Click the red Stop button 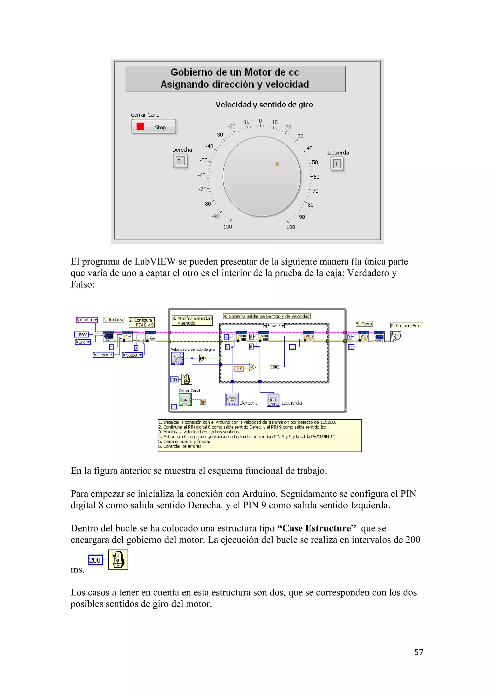pyautogui.click(x=154, y=127)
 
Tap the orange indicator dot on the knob pyautogui.click(x=277, y=164)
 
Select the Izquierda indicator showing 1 pyautogui.click(x=337, y=164)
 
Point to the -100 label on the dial pyautogui.click(x=227, y=227)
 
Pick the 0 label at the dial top pyautogui.click(x=260, y=121)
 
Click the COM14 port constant pyautogui.click(x=87, y=320)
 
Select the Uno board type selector pyautogui.click(x=82, y=342)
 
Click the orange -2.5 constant pyautogui.click(x=239, y=369)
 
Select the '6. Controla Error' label pyautogui.click(x=406, y=326)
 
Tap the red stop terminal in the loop pyautogui.click(x=203, y=402)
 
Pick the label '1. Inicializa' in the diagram pyautogui.click(x=113, y=320)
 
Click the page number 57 pyautogui.click(x=419, y=652)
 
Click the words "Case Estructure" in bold pyautogui.click(x=317, y=528)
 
